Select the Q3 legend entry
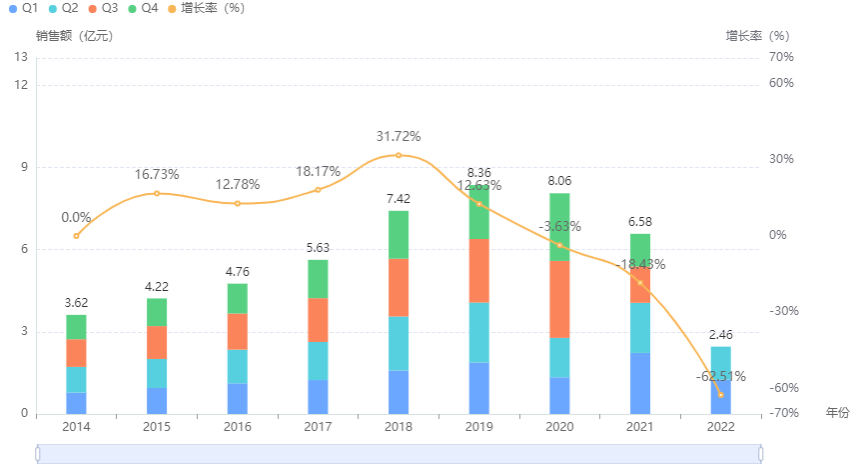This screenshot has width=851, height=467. [x=103, y=8]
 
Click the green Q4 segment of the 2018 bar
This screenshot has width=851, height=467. [x=399, y=235]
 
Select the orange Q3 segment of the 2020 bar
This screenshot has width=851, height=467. [x=559, y=299]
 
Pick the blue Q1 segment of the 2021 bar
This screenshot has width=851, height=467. [x=640, y=383]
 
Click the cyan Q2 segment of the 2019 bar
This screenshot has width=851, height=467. [x=479, y=332]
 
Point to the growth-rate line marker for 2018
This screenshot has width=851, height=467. [x=399, y=155]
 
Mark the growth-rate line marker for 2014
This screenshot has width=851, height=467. [x=76, y=236]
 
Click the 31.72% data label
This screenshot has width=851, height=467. [x=399, y=136]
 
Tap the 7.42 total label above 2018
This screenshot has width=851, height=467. [x=399, y=199]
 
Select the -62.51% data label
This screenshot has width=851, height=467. [x=720, y=376]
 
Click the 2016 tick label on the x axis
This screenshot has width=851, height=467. [x=238, y=426]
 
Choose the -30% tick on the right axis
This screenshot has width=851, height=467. [x=781, y=311]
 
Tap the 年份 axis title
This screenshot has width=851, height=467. [x=837, y=412]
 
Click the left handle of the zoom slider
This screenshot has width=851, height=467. [x=38, y=454]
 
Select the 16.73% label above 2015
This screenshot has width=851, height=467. [x=157, y=174]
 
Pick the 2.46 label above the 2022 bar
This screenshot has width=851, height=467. [x=720, y=335]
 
